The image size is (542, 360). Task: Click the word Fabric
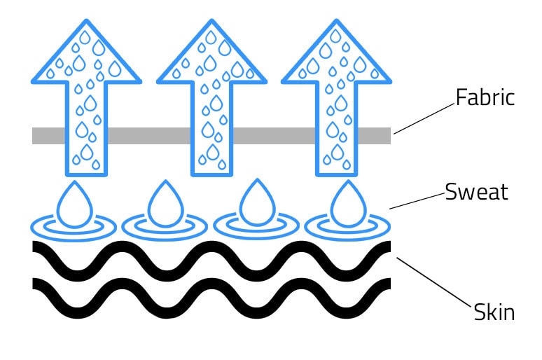tap(485, 97)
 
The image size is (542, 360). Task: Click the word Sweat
tap(476, 192)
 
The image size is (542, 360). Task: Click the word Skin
tap(494, 312)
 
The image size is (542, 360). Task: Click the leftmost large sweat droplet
tap(72, 203)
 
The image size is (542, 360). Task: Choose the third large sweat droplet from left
tap(255, 203)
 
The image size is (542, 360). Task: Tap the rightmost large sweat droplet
tap(346, 203)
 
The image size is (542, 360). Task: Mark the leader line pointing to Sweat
tap(417, 201)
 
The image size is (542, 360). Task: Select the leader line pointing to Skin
tap(434, 284)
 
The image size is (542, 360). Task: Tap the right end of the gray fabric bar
tap(385, 136)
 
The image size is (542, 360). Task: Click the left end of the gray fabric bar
tap(38, 136)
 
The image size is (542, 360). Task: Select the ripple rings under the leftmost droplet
tap(73, 227)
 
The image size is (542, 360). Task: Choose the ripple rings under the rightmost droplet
tap(347, 227)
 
